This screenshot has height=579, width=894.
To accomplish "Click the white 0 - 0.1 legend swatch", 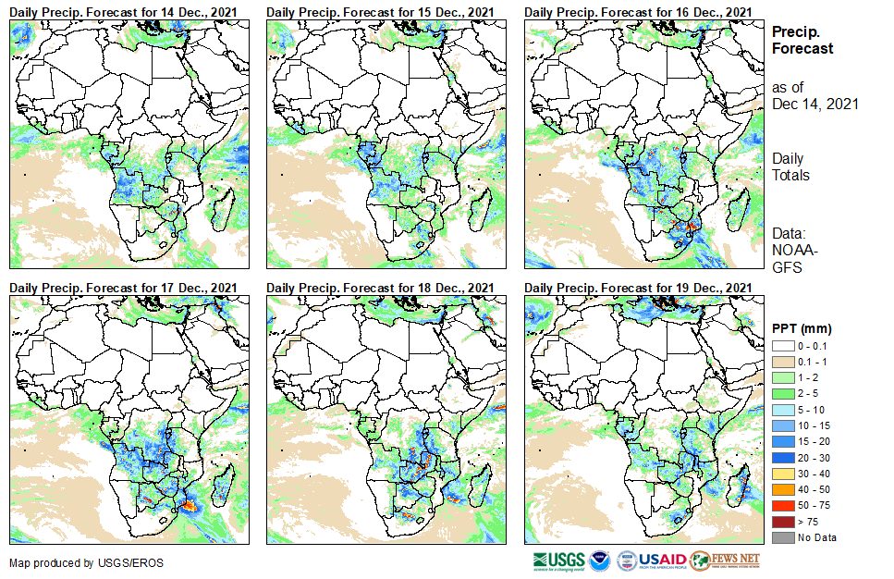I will pyautogui.click(x=782, y=346).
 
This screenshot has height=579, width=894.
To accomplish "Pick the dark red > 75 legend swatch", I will pyautogui.click(x=782, y=522).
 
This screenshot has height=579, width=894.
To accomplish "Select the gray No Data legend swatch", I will pyautogui.click(x=782, y=537).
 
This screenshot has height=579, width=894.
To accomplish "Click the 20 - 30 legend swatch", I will pyautogui.click(x=782, y=458).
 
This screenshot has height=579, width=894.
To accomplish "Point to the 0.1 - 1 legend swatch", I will pyautogui.click(x=782, y=362).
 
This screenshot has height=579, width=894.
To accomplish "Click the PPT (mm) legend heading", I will pyautogui.click(x=802, y=328).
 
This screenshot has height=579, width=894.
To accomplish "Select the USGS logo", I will pyautogui.click(x=558, y=561).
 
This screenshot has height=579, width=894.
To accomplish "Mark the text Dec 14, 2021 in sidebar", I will pyautogui.click(x=814, y=104).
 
